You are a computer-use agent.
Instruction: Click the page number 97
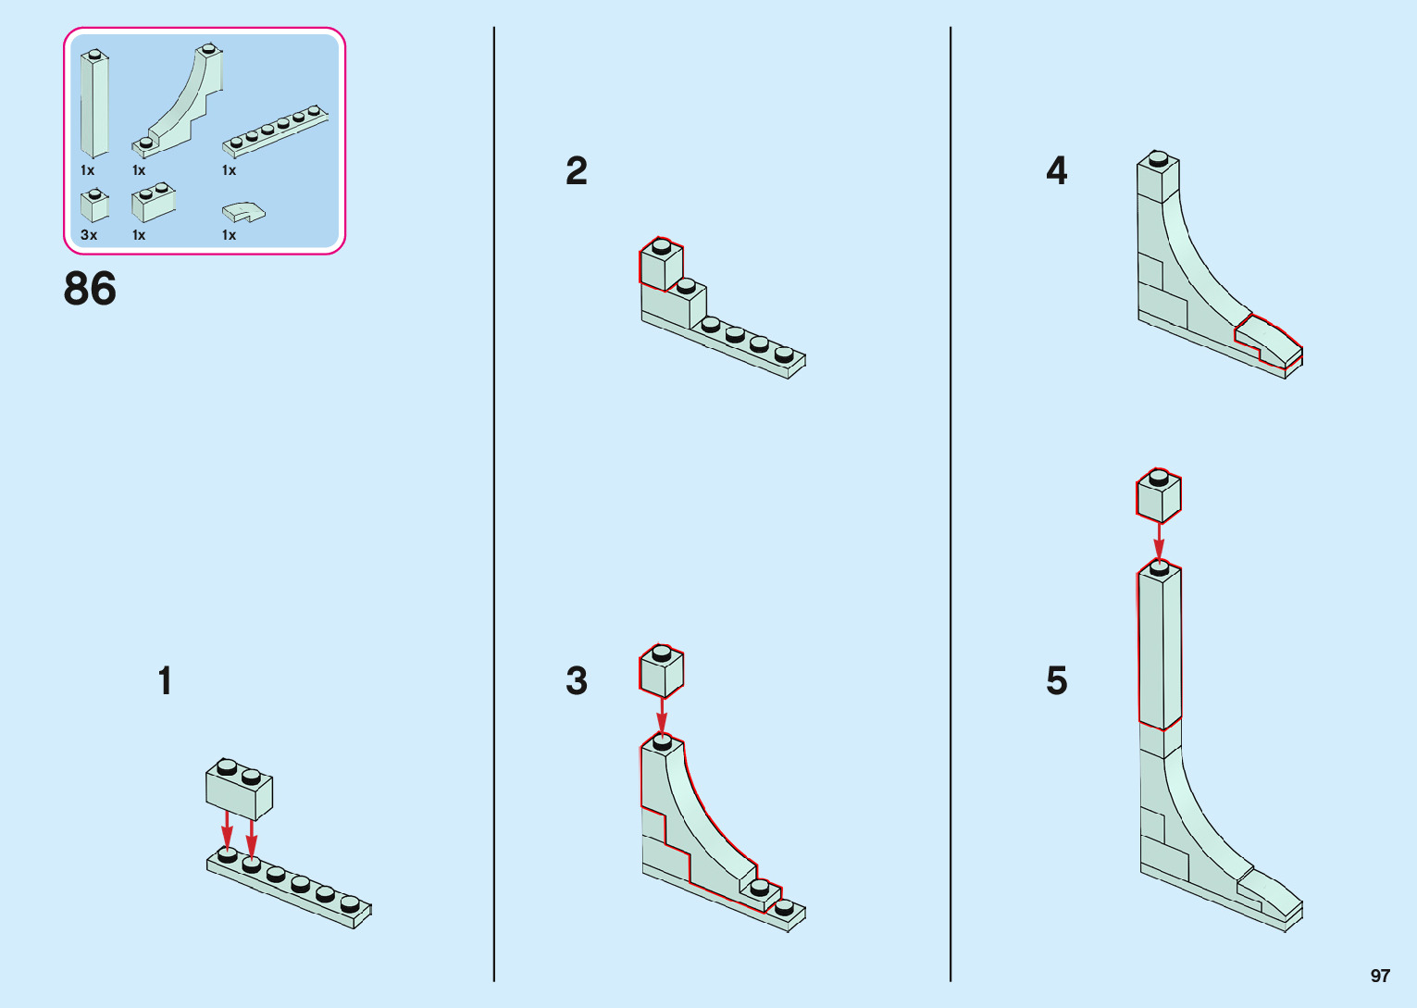point(1380,976)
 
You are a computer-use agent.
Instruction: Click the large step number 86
point(90,289)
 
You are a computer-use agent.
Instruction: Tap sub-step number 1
point(165,681)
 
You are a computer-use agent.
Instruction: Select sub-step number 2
point(576,171)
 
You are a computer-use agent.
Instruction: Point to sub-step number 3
point(576,681)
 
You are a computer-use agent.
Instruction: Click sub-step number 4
point(1056,171)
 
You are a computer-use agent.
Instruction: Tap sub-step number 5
point(1056,681)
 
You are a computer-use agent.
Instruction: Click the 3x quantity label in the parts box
point(89,235)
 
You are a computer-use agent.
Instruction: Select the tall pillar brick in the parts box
point(93,104)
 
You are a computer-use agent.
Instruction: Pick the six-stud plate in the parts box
point(275,131)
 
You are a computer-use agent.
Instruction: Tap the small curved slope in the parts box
point(243,212)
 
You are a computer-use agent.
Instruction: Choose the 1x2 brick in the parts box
point(154,203)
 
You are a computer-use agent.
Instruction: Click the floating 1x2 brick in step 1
point(239,789)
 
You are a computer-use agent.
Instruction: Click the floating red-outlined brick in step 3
point(661,670)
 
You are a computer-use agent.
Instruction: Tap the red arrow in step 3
point(661,716)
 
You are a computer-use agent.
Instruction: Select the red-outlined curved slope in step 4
point(1268,341)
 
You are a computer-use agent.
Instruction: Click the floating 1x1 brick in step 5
point(1158,496)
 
